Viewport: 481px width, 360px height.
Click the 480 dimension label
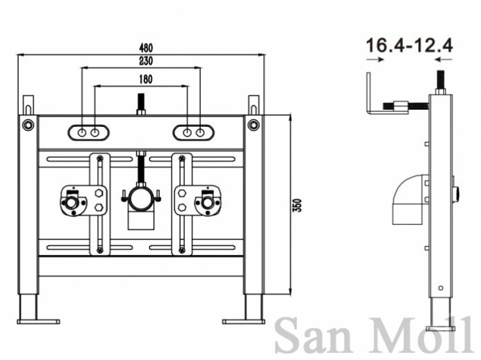146,48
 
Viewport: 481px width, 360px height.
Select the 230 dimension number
146,61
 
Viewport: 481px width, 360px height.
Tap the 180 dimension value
146,79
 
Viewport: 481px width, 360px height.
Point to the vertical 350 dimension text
297,205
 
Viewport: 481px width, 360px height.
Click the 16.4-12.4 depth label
409,46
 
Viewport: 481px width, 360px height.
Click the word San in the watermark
313,337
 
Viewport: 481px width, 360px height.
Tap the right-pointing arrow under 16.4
375,59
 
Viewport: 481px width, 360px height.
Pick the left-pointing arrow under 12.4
443,59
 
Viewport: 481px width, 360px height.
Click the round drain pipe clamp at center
141,199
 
